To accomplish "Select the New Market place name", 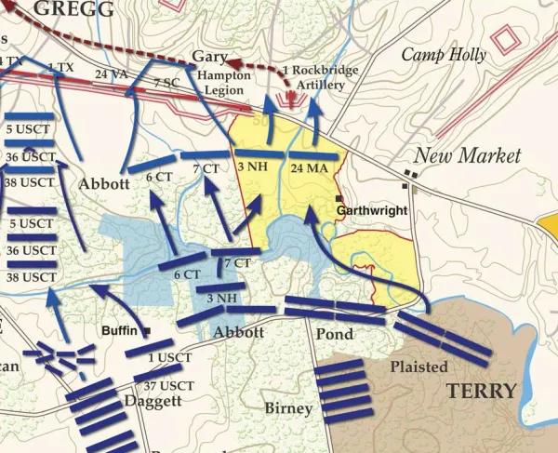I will [467, 155].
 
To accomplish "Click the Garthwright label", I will [372, 211].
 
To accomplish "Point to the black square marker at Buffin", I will [147, 330].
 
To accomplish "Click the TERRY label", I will [480, 391].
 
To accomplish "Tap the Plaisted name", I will [418, 366].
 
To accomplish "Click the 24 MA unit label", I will [309, 167].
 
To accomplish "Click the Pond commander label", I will [334, 332].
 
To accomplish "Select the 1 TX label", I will [61, 67].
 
